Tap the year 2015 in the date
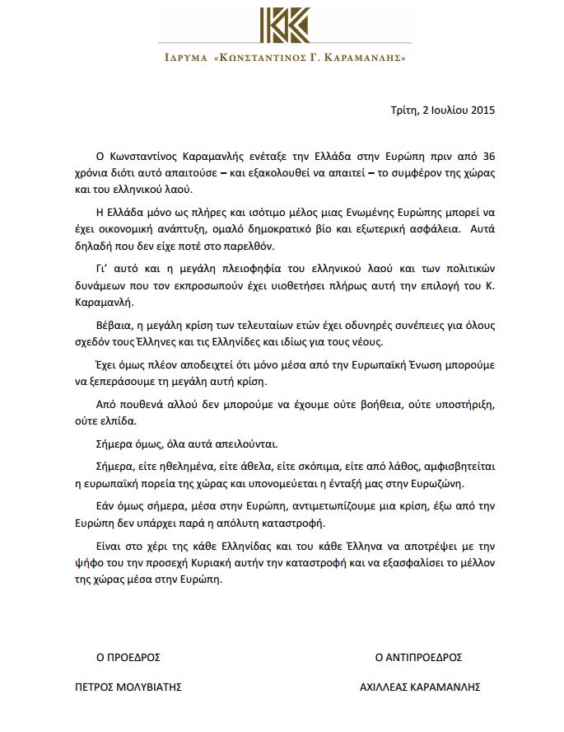pos(479,108)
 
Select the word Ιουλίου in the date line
pos(439,108)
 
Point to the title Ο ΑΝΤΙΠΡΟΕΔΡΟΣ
pos(418,658)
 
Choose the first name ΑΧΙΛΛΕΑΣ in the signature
pos(387,687)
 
